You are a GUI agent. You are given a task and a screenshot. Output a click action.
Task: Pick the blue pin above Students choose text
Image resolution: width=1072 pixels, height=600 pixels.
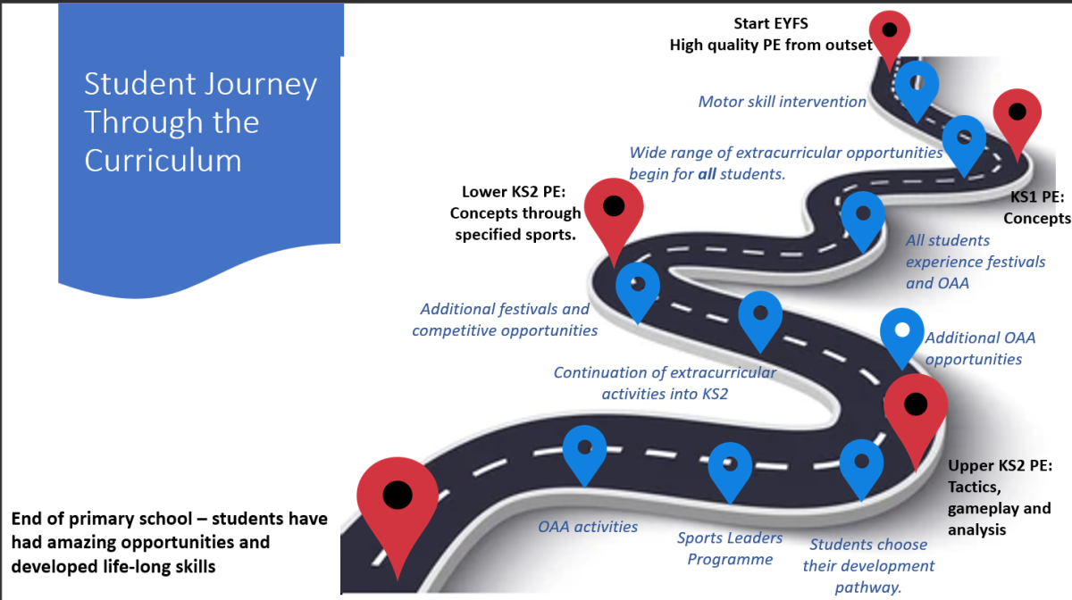click(862, 462)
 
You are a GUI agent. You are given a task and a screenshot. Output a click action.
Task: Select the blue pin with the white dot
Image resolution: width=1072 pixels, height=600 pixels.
click(902, 332)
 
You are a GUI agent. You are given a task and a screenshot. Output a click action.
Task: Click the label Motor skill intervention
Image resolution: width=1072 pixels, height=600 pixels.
click(782, 102)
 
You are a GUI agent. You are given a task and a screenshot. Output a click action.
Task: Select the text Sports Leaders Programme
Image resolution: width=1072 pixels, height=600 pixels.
click(730, 548)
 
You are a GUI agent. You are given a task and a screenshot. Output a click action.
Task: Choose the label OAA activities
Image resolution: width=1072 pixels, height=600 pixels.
click(588, 527)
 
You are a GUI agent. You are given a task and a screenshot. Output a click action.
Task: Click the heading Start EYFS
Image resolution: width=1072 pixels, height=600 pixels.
click(770, 24)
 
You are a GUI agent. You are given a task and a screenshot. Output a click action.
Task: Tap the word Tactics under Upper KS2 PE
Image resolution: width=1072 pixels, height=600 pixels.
click(975, 487)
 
